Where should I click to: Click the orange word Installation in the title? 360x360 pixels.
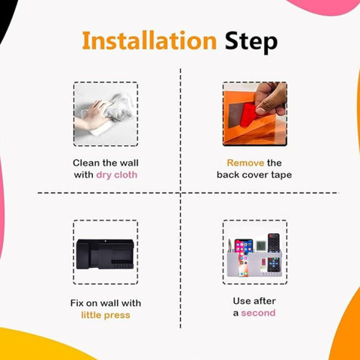(149, 40)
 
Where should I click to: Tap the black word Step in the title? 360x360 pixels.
(251, 42)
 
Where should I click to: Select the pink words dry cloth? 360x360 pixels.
(117, 175)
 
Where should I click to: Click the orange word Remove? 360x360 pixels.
(245, 163)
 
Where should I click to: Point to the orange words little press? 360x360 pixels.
(106, 315)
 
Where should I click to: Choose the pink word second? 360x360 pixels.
(258, 313)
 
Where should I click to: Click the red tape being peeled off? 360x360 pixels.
(248, 115)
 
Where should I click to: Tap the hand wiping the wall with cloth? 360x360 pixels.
(91, 116)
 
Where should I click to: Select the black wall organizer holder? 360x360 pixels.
(105, 254)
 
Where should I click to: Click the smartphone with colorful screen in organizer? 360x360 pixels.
(243, 258)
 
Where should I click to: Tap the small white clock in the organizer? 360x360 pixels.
(260, 245)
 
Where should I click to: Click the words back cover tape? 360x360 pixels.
(254, 175)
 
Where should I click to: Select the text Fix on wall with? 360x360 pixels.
(106, 303)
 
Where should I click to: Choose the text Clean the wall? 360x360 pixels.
(106, 163)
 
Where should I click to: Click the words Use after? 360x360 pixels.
(254, 301)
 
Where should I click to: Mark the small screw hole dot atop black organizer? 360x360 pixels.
(106, 241)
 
